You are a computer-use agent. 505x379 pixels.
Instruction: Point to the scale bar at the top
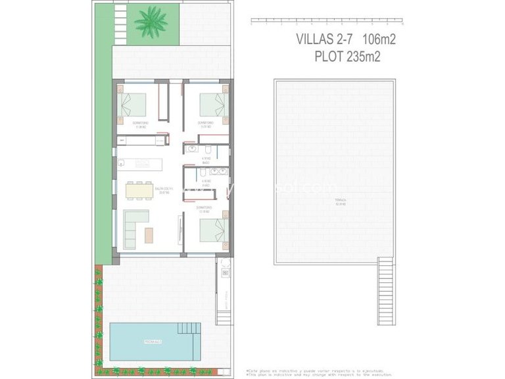327,22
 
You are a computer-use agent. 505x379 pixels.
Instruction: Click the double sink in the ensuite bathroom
220,172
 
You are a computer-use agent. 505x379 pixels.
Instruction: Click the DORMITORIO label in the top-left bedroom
140,123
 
